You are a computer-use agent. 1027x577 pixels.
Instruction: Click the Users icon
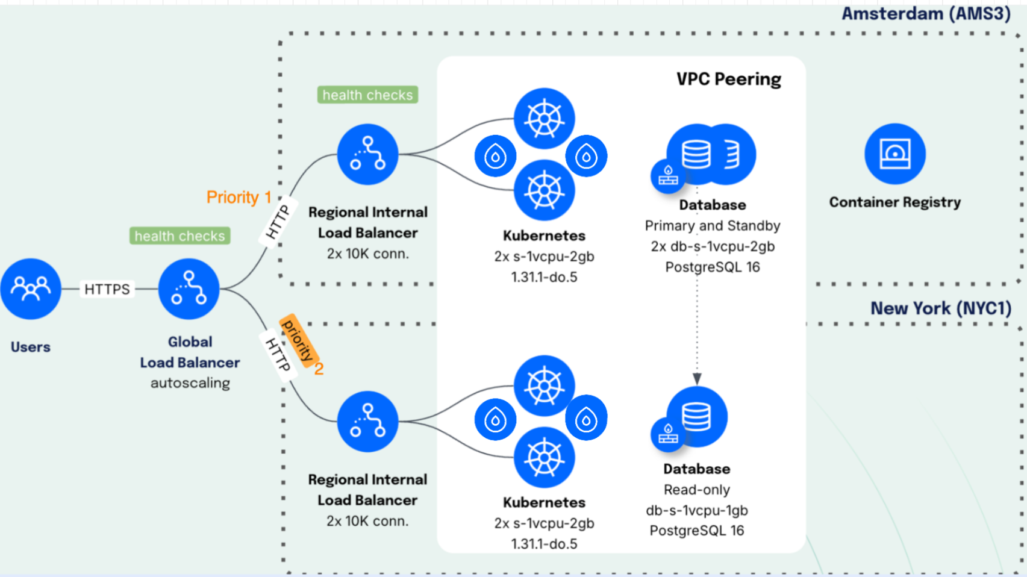click(x=31, y=289)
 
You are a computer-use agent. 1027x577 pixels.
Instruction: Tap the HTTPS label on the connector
click(x=107, y=289)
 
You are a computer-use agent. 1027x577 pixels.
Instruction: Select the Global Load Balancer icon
click(x=189, y=289)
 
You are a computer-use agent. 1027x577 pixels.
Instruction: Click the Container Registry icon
click(x=894, y=154)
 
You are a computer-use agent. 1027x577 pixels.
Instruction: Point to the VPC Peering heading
click(x=728, y=80)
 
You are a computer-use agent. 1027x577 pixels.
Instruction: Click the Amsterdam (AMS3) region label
click(x=926, y=14)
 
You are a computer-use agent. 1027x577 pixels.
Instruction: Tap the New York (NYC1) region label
click(x=940, y=308)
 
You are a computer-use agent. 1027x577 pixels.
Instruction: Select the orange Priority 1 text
click(x=239, y=198)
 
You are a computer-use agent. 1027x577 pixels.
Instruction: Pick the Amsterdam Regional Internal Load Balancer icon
click(x=367, y=155)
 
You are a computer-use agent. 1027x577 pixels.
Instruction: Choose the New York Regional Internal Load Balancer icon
click(x=367, y=422)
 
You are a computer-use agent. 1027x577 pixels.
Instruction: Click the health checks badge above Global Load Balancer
click(x=179, y=236)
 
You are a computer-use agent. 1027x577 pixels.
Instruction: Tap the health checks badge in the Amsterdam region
click(x=367, y=95)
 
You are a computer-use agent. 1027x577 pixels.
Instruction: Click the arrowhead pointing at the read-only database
click(x=697, y=379)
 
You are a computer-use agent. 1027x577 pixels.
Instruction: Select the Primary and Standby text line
click(x=713, y=226)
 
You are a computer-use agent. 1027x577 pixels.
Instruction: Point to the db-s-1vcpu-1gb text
click(x=697, y=511)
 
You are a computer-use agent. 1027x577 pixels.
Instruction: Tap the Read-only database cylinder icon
click(x=697, y=416)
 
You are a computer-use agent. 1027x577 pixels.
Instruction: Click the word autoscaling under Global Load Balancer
click(x=190, y=383)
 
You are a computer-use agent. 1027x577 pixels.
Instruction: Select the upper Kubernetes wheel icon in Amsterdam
click(x=544, y=119)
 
